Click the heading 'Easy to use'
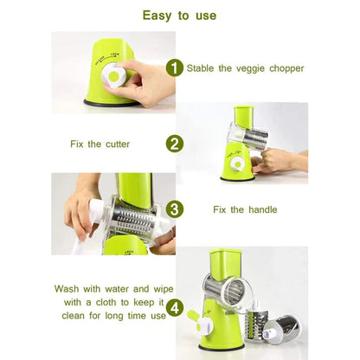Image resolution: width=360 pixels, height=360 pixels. pos(180,15)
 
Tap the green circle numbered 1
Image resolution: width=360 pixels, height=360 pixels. pos(175,67)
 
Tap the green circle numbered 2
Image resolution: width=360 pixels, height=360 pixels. pos(175,144)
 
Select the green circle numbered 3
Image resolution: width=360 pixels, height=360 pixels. pos(175,209)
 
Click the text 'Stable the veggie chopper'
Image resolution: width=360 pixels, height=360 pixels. pos(245,67)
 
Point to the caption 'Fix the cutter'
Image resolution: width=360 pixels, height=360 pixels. pos(101,144)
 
